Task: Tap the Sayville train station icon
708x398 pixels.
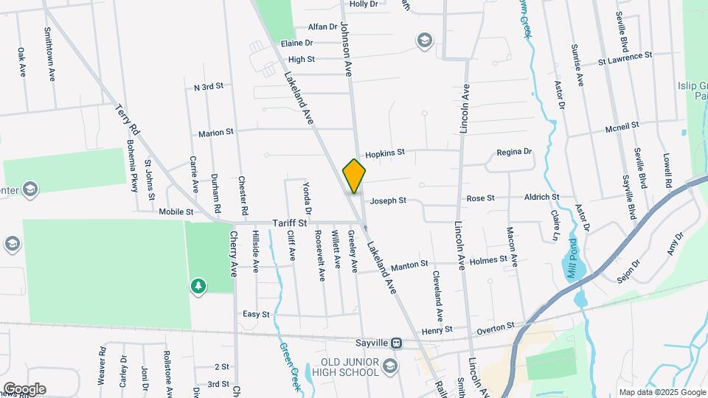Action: tap(397, 343)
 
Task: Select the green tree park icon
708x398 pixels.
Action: tap(198, 285)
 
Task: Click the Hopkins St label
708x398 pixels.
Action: tap(385, 153)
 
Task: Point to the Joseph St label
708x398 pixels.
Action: tap(388, 200)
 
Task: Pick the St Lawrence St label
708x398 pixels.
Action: tap(625, 55)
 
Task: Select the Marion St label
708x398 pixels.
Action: tap(216, 133)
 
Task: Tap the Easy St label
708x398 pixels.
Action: tap(256, 314)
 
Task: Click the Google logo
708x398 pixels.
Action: tap(24, 388)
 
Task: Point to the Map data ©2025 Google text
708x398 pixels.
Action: tap(662, 392)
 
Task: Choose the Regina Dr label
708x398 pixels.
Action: tap(514, 152)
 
